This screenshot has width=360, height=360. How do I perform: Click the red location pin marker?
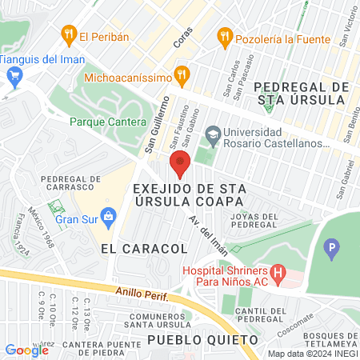[180, 164]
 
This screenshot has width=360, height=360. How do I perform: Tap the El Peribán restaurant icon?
[67, 34]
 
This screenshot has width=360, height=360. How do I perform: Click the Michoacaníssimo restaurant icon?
[182, 77]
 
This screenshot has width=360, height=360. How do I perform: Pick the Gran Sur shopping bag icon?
[110, 216]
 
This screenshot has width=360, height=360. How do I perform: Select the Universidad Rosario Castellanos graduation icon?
[213, 132]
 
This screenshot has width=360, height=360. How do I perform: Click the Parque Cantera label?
[103, 122]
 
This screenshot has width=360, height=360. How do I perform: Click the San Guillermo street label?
[156, 124]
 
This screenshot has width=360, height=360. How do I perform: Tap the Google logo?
[27, 350]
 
